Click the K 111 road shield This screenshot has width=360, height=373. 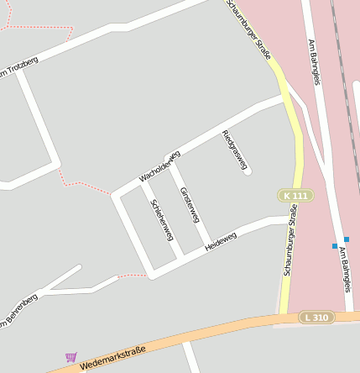(295, 196)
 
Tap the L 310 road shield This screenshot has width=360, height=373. (317, 317)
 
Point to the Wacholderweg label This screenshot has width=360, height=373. (159, 166)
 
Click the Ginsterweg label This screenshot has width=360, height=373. (190, 205)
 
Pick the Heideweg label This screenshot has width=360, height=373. (221, 242)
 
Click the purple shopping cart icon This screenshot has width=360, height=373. (70, 357)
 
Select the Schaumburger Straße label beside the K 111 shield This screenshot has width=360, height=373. (290, 249)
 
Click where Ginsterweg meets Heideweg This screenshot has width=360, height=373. (206, 248)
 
